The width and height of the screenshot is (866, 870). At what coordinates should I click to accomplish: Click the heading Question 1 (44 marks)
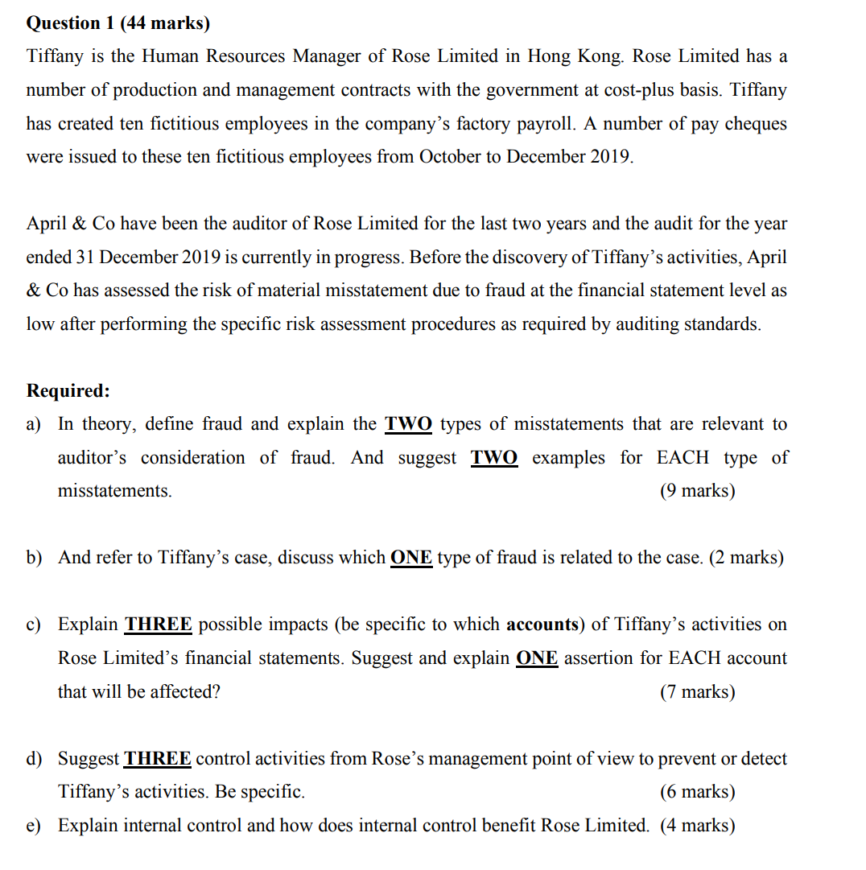[x=118, y=23]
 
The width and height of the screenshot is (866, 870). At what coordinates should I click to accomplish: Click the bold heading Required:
[x=68, y=390]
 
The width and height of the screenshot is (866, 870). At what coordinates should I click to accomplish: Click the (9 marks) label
[x=697, y=491]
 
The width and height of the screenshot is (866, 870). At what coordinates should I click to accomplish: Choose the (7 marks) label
[x=697, y=692]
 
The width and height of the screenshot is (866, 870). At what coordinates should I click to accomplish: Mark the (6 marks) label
[x=697, y=792]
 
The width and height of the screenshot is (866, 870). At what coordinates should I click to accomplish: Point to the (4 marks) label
[x=697, y=826]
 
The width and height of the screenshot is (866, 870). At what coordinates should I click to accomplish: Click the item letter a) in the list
[x=35, y=424]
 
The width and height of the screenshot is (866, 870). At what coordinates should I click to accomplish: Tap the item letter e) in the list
[x=35, y=826]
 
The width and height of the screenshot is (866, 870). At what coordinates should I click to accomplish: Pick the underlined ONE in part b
[x=411, y=558]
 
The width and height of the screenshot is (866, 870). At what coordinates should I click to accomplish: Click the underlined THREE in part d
[x=158, y=759]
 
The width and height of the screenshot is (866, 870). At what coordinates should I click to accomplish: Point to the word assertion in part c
[x=599, y=658]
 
